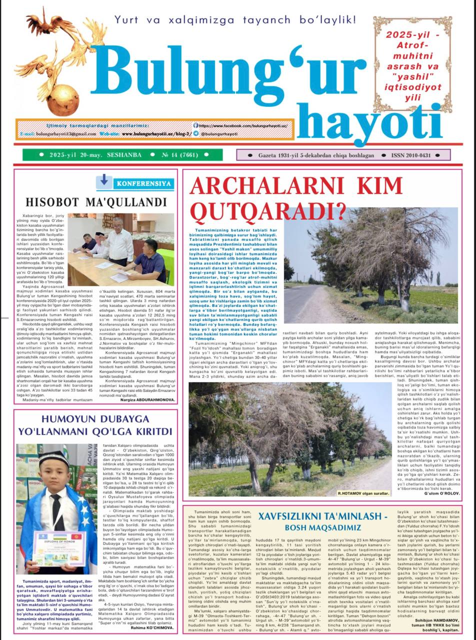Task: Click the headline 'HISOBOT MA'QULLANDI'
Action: (x=96, y=202)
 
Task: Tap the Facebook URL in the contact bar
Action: (x=243, y=126)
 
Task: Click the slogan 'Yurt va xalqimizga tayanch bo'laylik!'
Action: (x=235, y=20)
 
